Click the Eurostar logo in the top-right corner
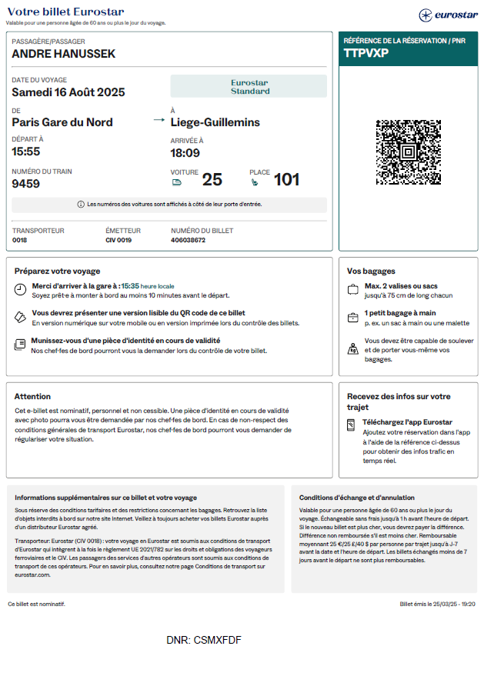448,15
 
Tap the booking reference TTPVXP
366,53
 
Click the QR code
408,152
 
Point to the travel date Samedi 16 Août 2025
68,92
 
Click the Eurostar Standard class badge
249,86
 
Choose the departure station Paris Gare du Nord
62,122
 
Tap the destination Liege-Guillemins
215,122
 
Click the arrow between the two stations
159,121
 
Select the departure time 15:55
26,152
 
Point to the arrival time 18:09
185,152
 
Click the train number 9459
26,184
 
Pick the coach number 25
212,180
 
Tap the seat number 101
286,180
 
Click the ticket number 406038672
188,240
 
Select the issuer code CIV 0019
118,240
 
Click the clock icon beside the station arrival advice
20,289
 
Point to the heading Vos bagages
371,271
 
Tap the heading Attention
32,396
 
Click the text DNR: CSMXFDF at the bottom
204,639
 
